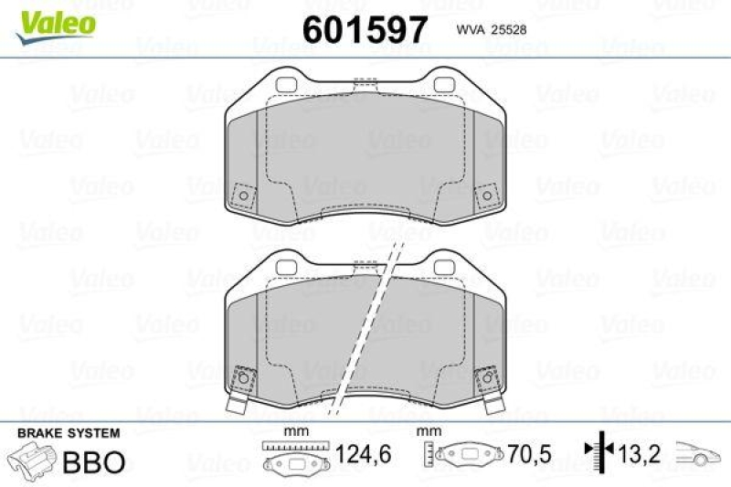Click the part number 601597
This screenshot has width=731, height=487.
(365, 30)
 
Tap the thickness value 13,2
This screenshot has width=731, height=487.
(640, 454)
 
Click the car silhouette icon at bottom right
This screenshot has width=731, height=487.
(699, 453)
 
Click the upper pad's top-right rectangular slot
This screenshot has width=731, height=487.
(445, 87)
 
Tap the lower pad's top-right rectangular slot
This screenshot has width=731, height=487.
(445, 265)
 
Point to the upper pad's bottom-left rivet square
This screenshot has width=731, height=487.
(243, 196)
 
